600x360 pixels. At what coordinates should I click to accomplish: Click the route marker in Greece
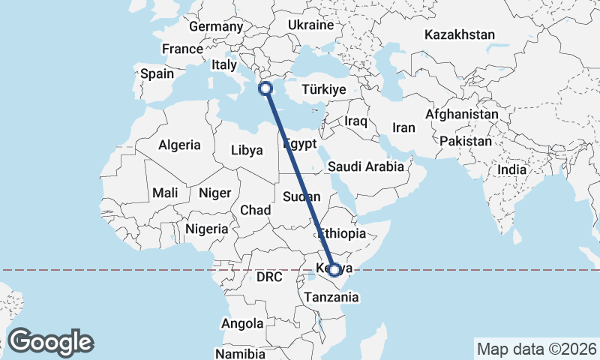tap(265, 88)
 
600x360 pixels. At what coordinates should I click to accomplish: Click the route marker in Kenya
tap(334, 270)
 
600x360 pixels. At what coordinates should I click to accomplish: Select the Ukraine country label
tap(310, 25)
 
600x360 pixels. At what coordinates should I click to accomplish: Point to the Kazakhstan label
tap(460, 34)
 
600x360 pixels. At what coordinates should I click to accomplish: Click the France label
tap(182, 49)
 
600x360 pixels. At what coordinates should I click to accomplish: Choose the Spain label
tap(157, 74)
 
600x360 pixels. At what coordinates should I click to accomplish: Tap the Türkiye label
tap(323, 89)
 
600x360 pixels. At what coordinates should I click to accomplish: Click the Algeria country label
tap(179, 145)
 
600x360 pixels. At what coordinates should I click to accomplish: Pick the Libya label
tap(247, 150)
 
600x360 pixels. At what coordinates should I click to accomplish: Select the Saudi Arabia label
tap(367, 166)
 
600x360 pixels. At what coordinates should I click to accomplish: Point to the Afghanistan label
tap(461, 115)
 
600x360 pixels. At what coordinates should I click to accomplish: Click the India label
tap(512, 170)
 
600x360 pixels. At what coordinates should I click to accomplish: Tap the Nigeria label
tap(206, 228)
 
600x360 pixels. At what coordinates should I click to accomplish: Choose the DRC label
tap(269, 277)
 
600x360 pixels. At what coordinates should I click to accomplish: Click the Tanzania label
tap(331, 297)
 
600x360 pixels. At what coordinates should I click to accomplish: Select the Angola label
tap(242, 324)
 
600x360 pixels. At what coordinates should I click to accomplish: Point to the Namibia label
tap(240, 353)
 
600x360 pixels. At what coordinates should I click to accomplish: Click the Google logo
tap(50, 342)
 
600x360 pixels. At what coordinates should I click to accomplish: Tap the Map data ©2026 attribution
tap(536, 349)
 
